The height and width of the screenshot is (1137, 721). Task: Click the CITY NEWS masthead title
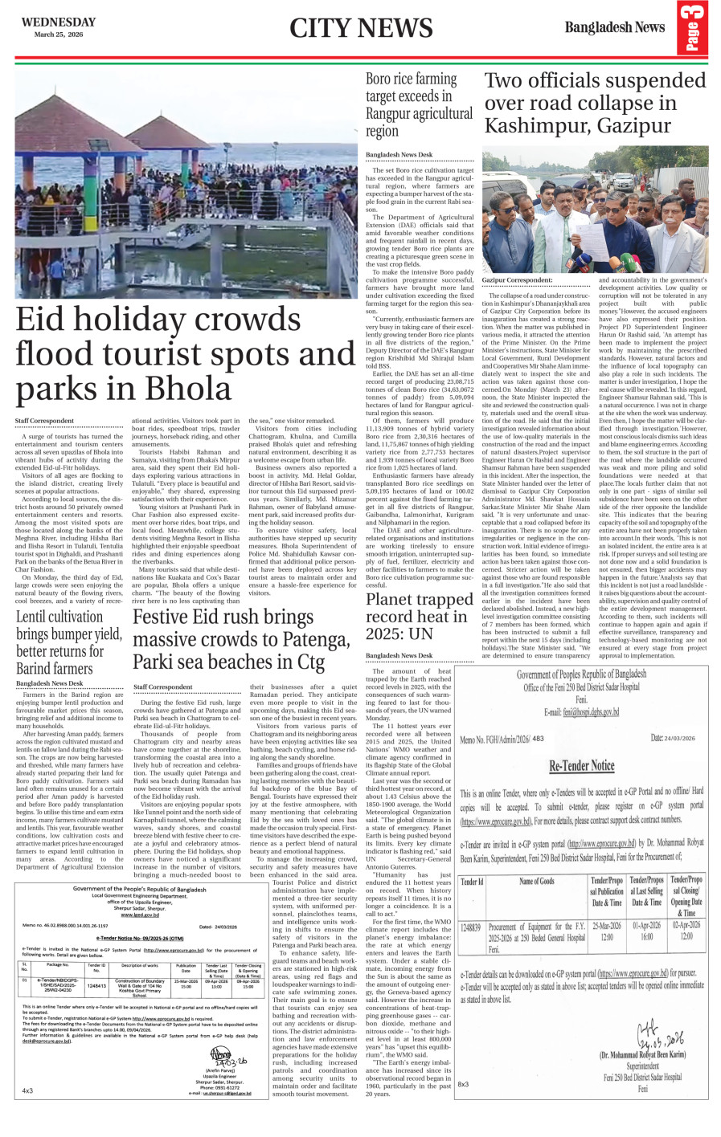coord(361,29)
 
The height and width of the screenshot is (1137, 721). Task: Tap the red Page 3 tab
coord(693,29)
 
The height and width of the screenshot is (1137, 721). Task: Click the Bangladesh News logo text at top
coord(614,27)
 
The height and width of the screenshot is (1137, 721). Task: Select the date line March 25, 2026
coord(58,35)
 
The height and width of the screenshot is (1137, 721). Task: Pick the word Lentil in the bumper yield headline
coord(38,617)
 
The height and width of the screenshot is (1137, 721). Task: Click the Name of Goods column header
coord(536,881)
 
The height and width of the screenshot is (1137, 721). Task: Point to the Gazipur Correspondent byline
coord(517,279)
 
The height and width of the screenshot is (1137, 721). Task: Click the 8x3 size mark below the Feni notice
coord(464,1084)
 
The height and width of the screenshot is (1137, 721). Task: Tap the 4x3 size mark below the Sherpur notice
coord(27,1090)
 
